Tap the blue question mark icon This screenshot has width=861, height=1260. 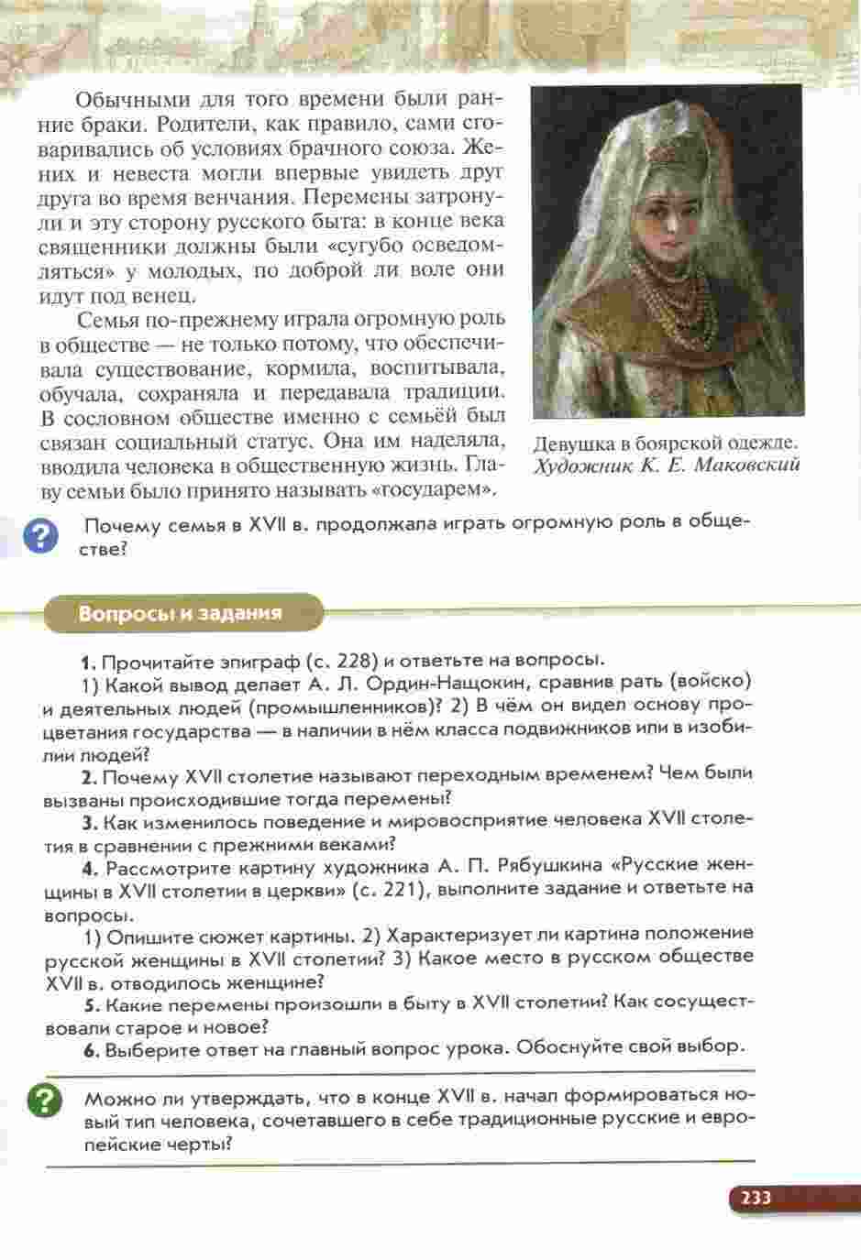(39, 536)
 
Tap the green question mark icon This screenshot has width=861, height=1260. (45, 1101)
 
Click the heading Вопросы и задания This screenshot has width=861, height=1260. (180, 613)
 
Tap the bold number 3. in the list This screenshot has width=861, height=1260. (89, 823)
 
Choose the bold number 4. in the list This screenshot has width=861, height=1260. (89, 868)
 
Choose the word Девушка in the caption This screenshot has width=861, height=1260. (574, 444)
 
